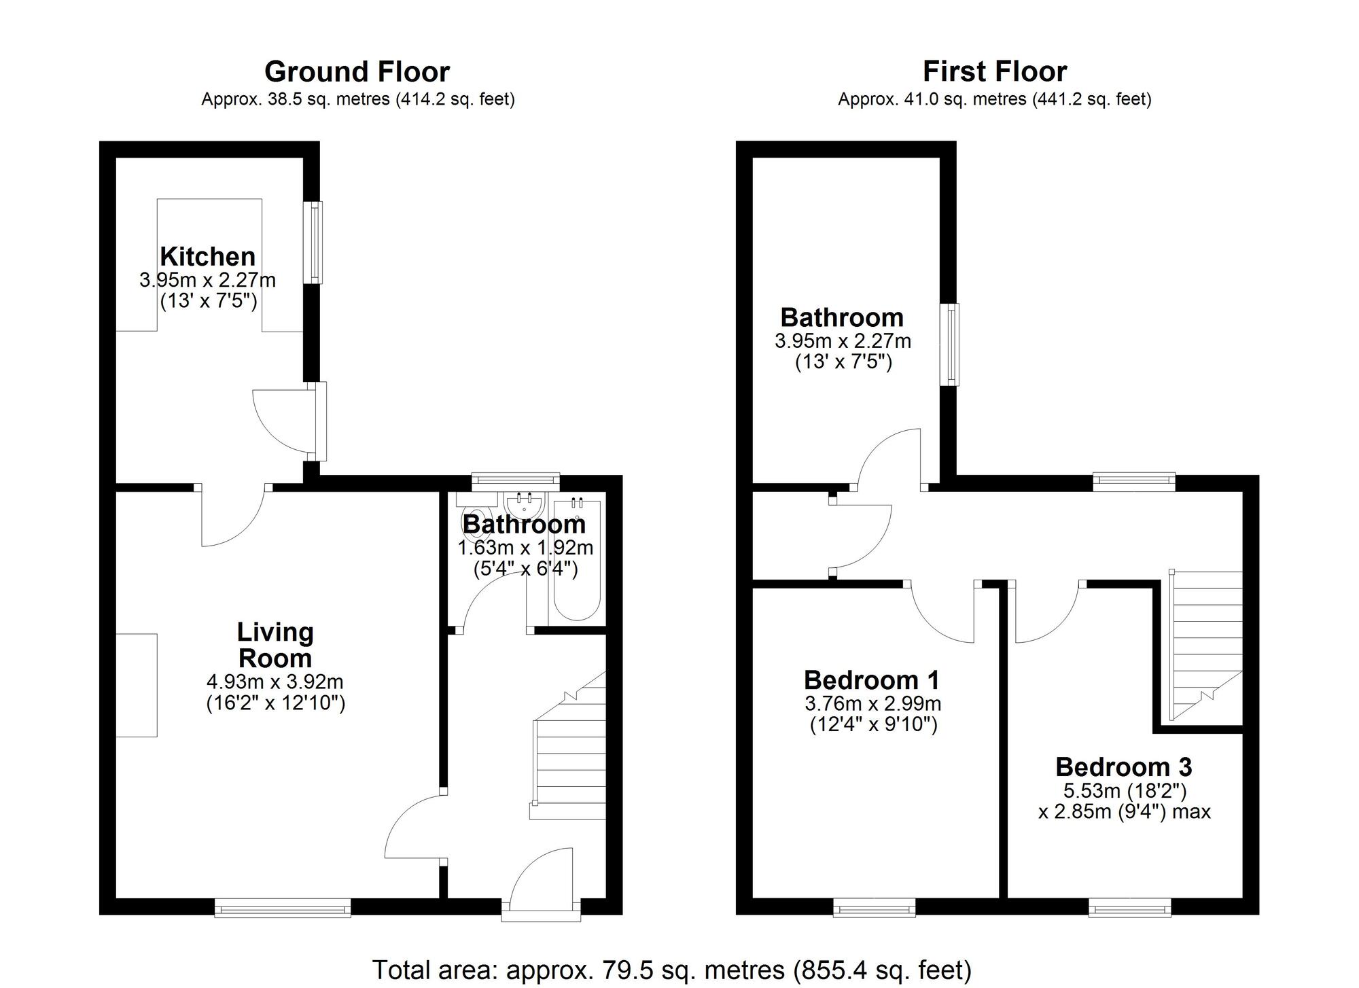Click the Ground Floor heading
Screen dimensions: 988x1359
357,72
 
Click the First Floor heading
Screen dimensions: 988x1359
994,71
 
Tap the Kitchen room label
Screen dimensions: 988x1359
208,257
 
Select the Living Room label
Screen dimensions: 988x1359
275,645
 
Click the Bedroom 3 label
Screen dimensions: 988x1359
1123,767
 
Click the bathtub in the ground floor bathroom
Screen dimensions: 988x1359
577,561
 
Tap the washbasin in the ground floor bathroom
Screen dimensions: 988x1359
524,506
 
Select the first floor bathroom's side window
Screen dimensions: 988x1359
950,345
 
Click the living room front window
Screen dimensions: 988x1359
283,908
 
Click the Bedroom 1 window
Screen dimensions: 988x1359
874,907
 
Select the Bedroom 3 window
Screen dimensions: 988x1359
1129,907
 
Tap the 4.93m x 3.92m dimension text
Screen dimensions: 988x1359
275,682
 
